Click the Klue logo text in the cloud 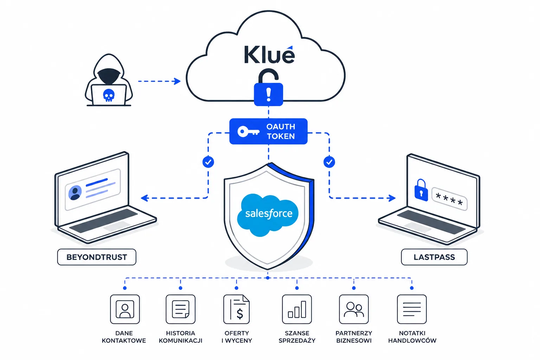tap(269, 54)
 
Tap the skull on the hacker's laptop tap(109, 95)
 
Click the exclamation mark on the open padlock tap(269, 95)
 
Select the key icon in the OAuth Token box tap(249, 131)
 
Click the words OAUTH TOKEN tap(281, 131)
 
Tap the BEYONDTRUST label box tap(97, 257)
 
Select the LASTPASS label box tap(434, 257)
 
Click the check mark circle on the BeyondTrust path tap(208, 162)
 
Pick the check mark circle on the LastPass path tap(329, 162)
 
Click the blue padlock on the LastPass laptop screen tap(421, 191)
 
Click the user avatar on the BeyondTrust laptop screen tap(75, 193)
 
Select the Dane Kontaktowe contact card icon tap(125, 309)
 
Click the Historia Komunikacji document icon tap(181, 309)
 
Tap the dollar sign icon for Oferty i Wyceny tap(237, 309)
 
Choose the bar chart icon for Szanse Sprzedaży tap(297, 309)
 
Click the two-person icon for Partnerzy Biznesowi tap(354, 309)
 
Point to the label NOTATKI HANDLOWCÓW tap(412, 337)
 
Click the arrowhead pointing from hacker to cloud tap(178, 81)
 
